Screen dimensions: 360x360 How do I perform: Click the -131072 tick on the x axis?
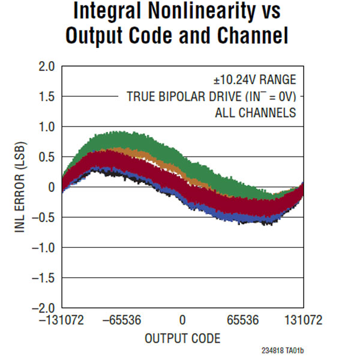(63, 321)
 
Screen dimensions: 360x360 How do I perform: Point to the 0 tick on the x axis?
(182, 321)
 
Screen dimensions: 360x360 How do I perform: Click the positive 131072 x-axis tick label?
(303, 321)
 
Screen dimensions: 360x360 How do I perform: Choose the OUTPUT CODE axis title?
(182, 338)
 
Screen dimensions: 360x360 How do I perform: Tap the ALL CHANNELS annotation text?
(256, 113)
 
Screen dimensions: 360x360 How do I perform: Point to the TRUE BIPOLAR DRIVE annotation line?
(212, 97)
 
